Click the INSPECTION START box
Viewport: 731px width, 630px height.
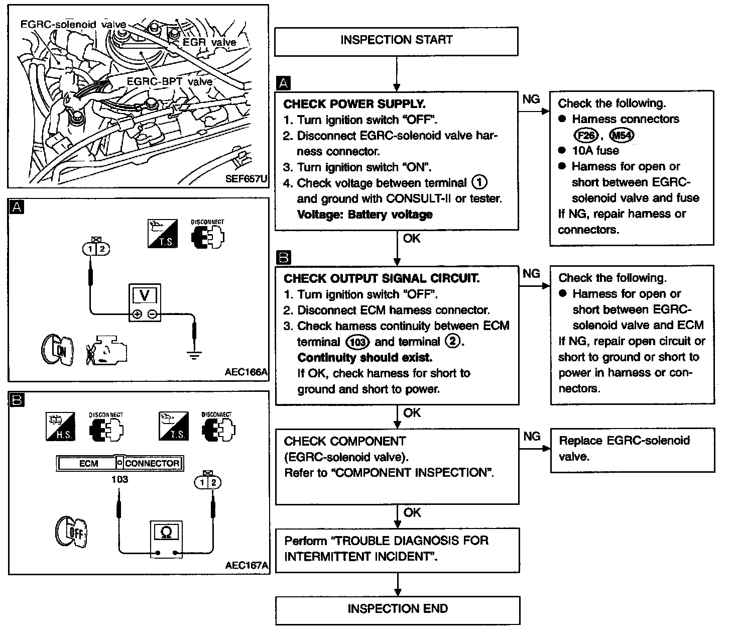(396, 41)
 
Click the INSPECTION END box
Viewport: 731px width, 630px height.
(397, 609)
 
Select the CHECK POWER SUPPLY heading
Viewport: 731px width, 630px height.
(354, 104)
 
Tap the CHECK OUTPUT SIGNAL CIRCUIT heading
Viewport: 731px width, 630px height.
(382, 278)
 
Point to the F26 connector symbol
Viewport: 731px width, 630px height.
(584, 135)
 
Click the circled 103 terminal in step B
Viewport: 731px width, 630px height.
(357, 343)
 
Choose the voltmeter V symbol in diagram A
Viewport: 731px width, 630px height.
(145, 295)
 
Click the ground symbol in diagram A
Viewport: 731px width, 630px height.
(194, 355)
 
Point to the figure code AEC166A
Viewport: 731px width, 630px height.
(246, 373)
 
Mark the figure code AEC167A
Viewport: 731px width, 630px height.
(247, 566)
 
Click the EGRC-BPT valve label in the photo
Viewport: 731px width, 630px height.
(169, 81)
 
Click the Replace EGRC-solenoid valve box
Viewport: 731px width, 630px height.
(632, 449)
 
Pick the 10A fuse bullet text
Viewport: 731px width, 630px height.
(595, 151)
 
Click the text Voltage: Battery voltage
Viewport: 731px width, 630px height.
(364, 215)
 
